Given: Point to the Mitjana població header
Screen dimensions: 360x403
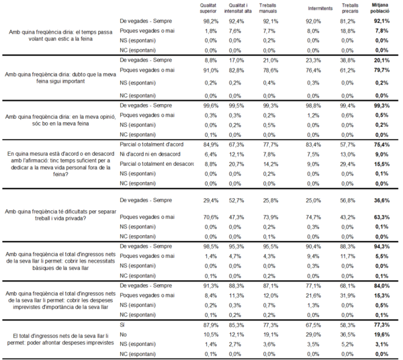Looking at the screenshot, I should point(381,7).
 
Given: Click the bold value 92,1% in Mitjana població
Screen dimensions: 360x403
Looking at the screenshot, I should point(381,21).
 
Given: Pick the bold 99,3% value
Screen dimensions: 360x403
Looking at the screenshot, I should point(381,106).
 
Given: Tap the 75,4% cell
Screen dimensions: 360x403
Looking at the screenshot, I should point(381,144).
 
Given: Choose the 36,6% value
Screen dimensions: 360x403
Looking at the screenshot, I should point(381,199).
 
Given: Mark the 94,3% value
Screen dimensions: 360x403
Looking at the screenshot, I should point(381,246).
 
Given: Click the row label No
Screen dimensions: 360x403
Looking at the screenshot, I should point(123,334).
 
